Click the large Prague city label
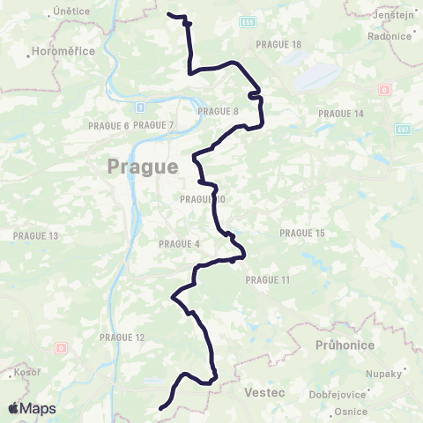pos(142,166)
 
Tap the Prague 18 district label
pos(278,44)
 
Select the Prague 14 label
pos(341,114)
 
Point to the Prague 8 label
pos(219,111)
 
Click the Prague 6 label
pos(108,126)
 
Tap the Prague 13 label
pos(35,235)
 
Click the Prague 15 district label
pos(302,233)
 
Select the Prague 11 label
pos(267,279)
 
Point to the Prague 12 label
pos(122,338)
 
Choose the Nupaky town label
pos(383,374)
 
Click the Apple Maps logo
pos(32,408)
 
